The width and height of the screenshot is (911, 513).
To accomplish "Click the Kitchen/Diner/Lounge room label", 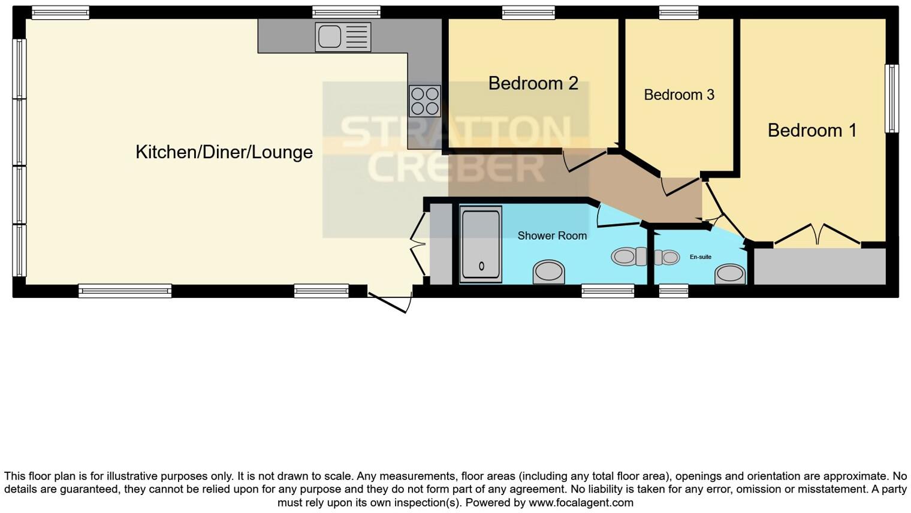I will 224,152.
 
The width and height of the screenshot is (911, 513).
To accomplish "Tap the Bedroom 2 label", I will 533,83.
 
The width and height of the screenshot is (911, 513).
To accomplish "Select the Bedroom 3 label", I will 679,95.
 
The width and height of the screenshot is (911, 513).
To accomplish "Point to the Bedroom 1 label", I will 812,130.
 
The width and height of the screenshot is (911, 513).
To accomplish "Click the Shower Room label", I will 552,236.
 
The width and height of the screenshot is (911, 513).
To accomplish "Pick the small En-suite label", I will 700,257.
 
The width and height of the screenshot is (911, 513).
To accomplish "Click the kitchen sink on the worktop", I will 343,37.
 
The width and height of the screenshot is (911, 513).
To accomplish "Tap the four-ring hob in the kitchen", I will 425,101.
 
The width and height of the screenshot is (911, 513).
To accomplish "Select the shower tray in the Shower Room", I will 481,244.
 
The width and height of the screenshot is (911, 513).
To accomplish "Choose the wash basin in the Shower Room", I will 548,271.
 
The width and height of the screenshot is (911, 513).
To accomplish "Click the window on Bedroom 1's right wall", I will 892,98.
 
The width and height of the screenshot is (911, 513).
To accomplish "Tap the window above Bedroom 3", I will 678,12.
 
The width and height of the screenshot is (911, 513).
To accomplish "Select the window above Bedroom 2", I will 528,12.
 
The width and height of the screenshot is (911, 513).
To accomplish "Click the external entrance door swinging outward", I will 390,301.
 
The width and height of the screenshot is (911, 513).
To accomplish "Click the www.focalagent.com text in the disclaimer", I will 581,503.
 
